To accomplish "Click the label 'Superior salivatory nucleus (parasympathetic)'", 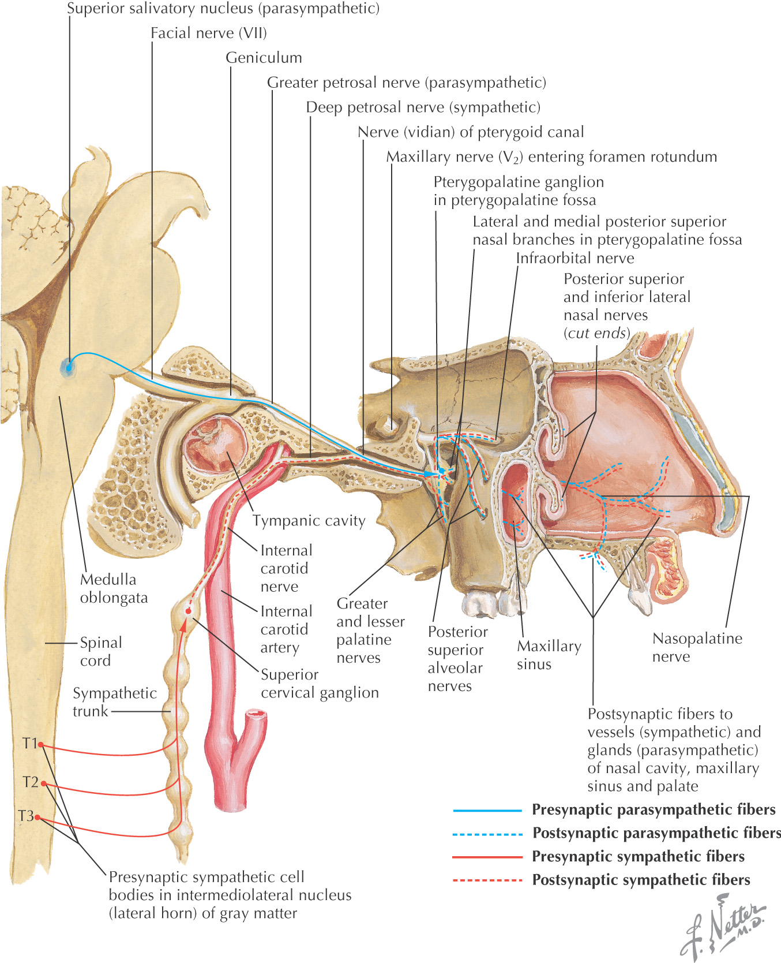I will tap(223, 9).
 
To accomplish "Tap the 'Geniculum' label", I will tap(264, 58).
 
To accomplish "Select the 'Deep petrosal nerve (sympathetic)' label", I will tap(423, 107).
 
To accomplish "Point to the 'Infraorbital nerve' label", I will tap(575, 258).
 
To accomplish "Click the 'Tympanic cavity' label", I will tap(309, 521).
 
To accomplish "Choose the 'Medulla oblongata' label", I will tap(114, 588).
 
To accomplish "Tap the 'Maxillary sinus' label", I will tap(549, 655).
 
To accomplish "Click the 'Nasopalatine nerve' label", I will tap(697, 647).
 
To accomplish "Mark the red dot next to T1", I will tap(41, 745).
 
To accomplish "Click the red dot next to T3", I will tap(37, 817).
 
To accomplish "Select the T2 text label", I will tap(30, 782).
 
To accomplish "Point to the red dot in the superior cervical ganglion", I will tap(188, 611).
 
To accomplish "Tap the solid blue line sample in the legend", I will tap(487, 811).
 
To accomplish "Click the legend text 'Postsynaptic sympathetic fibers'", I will tap(641, 880).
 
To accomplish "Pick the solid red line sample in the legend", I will tap(487, 857).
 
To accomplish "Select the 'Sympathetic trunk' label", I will tap(114, 701).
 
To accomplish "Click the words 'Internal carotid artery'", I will tap(286, 629).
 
